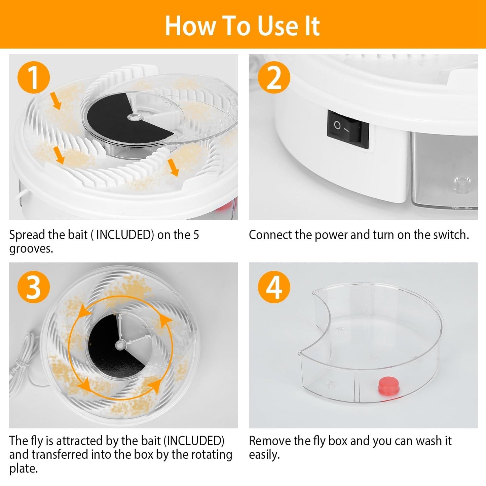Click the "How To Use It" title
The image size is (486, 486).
coord(242,26)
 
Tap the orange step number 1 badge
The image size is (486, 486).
coord(34,78)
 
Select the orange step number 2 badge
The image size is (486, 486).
coord(274,78)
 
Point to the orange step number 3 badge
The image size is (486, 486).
coord(34,287)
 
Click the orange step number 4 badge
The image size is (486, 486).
coord(274,287)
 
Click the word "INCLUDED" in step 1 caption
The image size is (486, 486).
coord(125,235)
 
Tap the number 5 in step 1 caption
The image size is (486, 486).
coord(196,235)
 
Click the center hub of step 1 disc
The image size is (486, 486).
coord(135,117)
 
